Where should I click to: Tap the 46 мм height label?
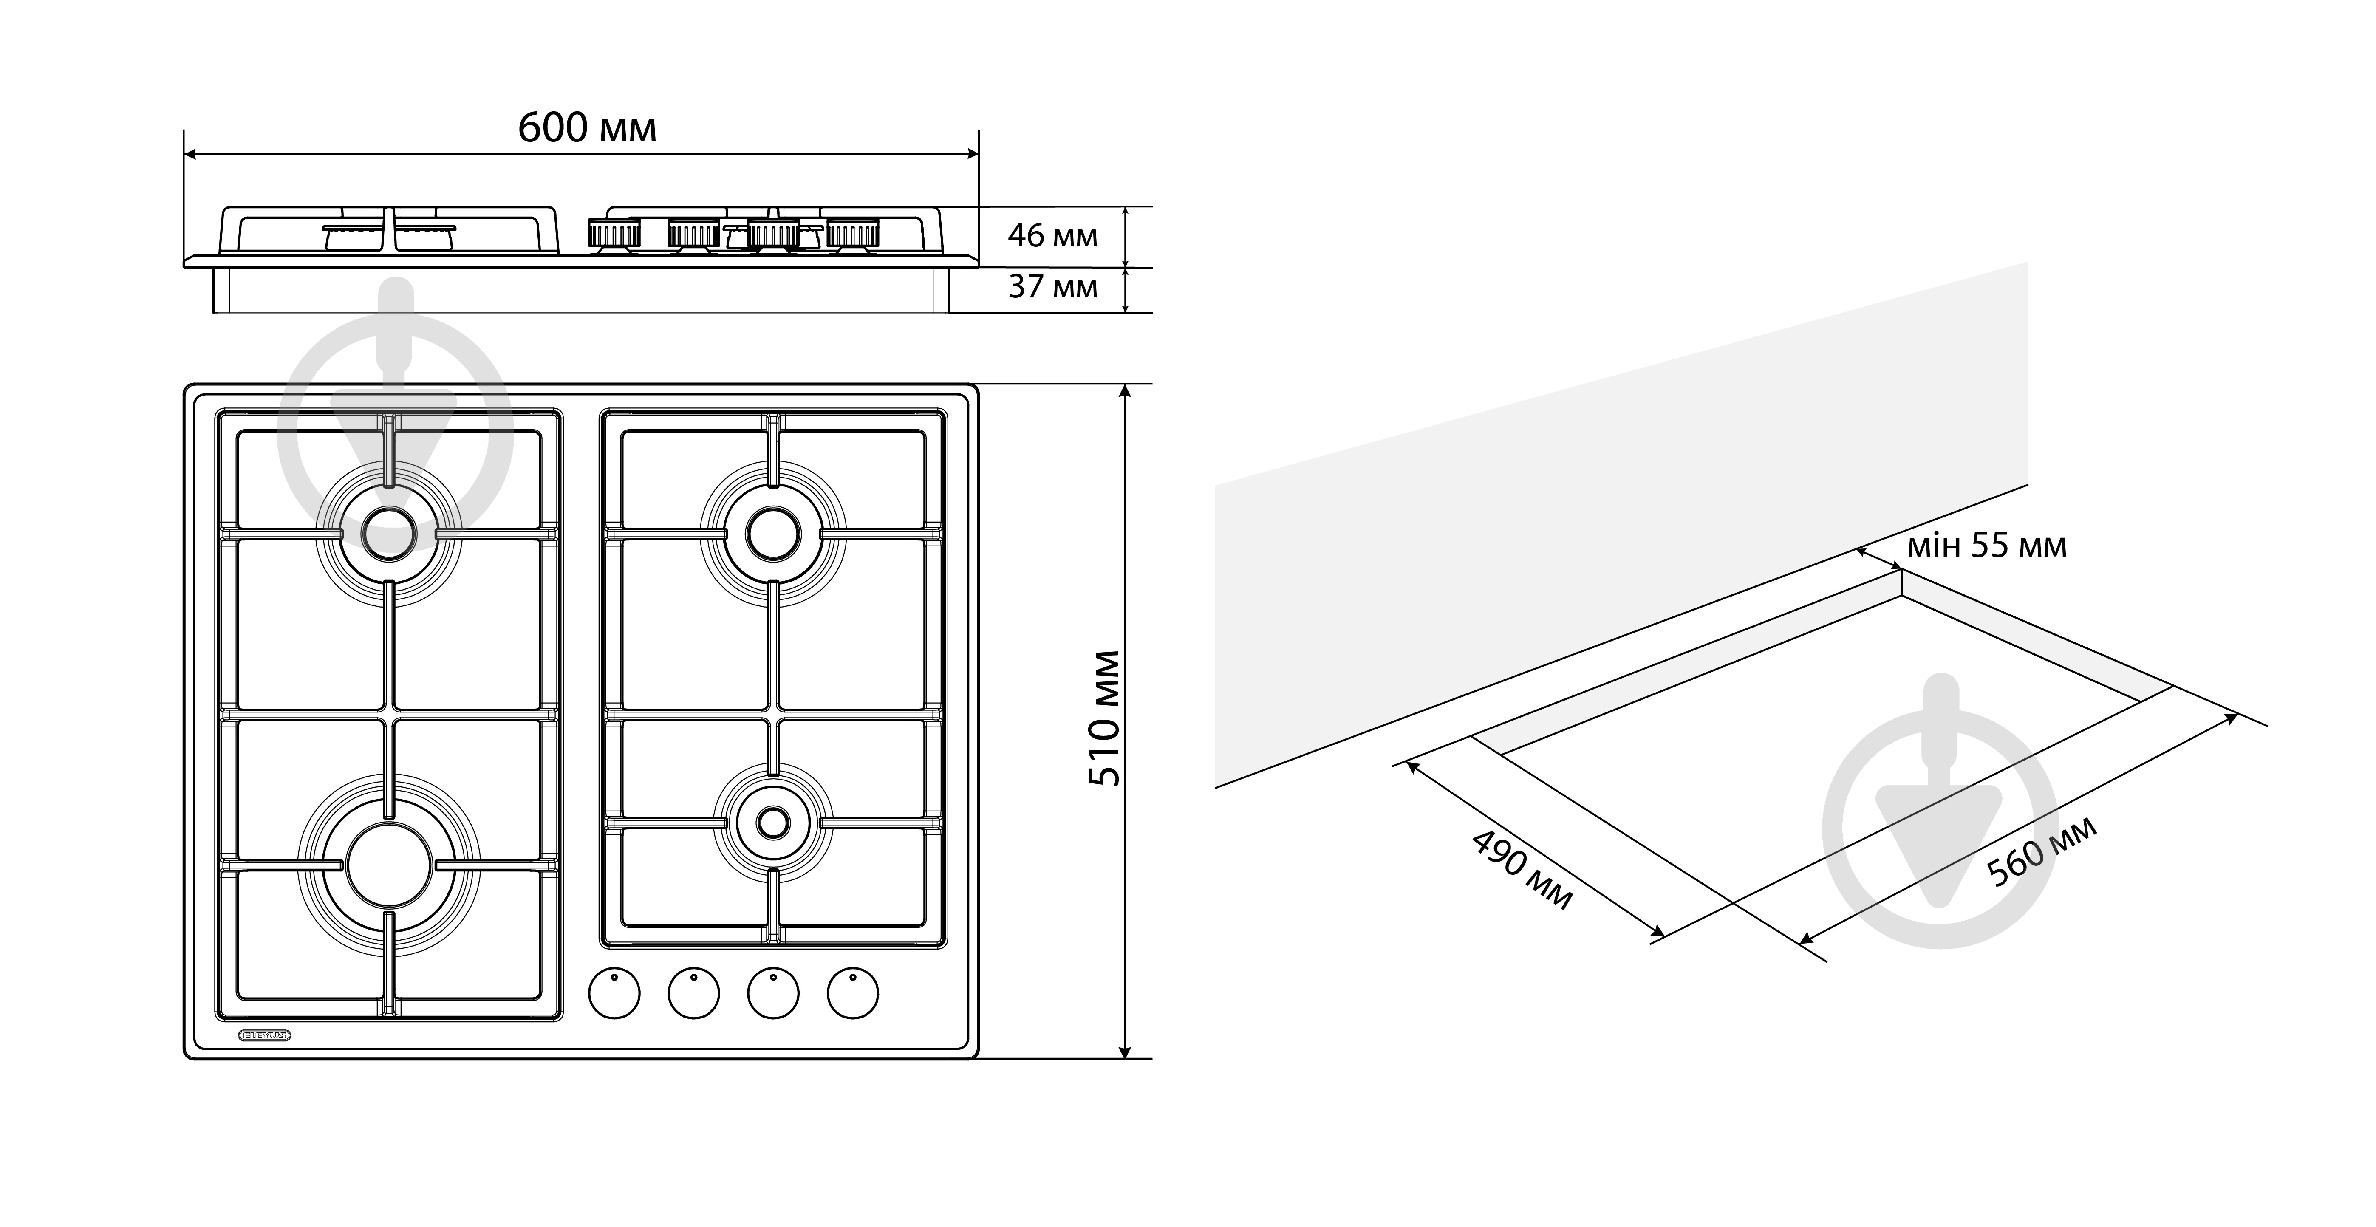[1052, 236]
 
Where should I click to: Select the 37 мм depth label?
[1052, 287]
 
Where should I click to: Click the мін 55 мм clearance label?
[1987, 546]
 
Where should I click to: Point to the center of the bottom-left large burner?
[388, 865]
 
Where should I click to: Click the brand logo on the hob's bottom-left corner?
[265, 1035]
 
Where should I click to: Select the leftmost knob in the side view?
[614, 235]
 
